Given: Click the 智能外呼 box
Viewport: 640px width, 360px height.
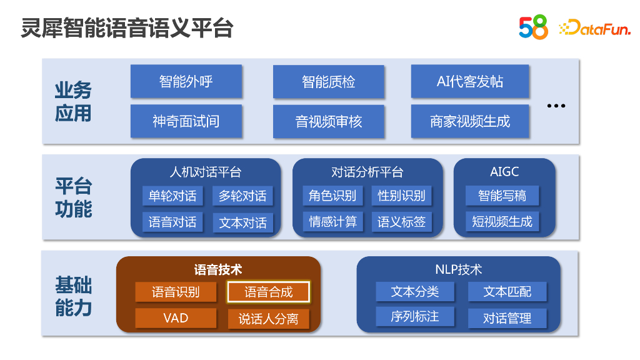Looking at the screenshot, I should [x=186, y=81].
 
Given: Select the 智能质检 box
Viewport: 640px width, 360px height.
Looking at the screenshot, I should [x=328, y=82].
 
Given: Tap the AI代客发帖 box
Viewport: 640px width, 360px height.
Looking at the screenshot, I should [x=470, y=82].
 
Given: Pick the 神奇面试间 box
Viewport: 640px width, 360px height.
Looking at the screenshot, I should [x=186, y=121].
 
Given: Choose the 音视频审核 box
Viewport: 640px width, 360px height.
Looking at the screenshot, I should [x=328, y=121].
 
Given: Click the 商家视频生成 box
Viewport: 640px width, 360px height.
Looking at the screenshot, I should [x=470, y=121].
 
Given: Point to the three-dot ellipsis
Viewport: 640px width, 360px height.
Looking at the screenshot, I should [x=556, y=106].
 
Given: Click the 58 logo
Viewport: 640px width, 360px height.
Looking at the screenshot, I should [x=533, y=27].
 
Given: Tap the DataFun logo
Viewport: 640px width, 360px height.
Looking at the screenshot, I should [x=594, y=27].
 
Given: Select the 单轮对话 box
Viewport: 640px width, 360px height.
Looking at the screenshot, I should [x=172, y=196].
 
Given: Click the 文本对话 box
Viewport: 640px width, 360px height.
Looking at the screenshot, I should [x=242, y=222].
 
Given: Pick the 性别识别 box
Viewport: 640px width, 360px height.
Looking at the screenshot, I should [x=401, y=196].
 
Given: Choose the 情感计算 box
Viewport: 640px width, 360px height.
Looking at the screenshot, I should [x=332, y=222].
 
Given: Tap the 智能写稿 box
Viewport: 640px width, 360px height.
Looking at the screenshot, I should [x=502, y=196].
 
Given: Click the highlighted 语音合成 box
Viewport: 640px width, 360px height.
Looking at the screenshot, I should [x=268, y=292].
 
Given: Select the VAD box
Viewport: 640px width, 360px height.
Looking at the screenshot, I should [x=176, y=318].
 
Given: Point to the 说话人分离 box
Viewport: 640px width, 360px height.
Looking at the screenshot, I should [x=268, y=319].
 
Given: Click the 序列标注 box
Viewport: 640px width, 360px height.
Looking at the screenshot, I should [x=415, y=317].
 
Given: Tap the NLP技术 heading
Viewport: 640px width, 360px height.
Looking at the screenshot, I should [x=458, y=270].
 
